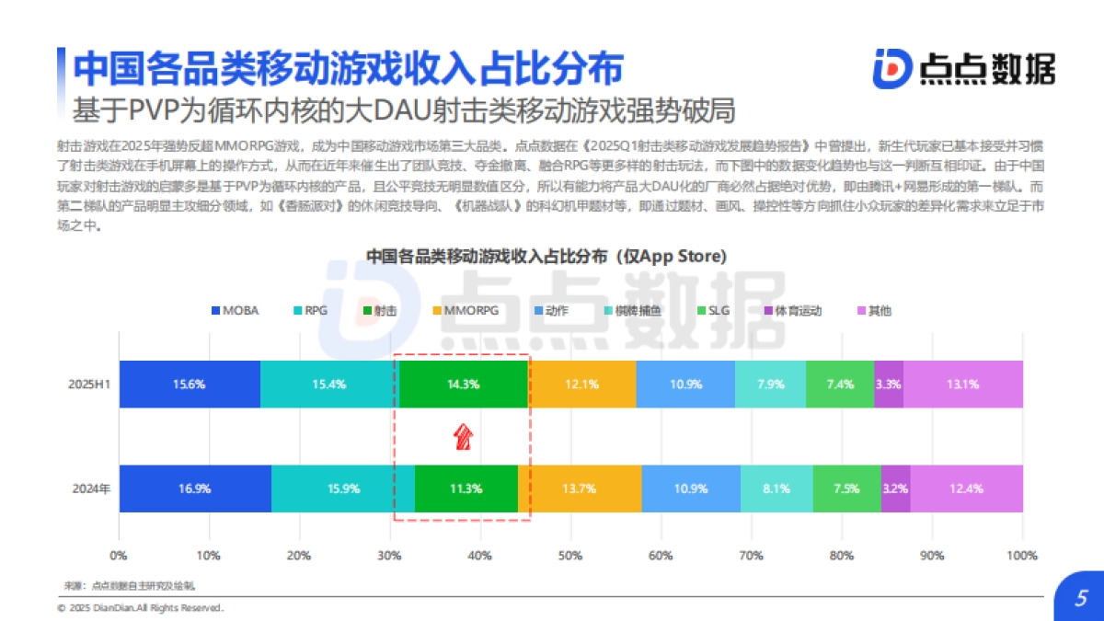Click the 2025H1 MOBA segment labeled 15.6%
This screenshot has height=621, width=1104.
click(190, 384)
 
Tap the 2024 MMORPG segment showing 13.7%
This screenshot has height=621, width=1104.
click(580, 489)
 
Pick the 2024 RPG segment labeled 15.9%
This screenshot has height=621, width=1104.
click(343, 489)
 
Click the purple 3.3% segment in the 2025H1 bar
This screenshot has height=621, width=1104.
click(888, 384)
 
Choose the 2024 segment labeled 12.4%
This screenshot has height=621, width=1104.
click(966, 489)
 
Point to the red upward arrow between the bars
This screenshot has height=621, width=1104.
click(464, 436)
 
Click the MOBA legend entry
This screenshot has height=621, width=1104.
click(236, 311)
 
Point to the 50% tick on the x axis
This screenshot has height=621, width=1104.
click(570, 556)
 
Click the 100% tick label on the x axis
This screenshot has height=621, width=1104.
click(1022, 556)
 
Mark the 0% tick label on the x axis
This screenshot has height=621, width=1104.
click(119, 556)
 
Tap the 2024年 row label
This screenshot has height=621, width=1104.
click(92, 489)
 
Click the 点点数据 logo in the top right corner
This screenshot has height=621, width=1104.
click(963, 68)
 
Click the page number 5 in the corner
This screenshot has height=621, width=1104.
click(1081, 597)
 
